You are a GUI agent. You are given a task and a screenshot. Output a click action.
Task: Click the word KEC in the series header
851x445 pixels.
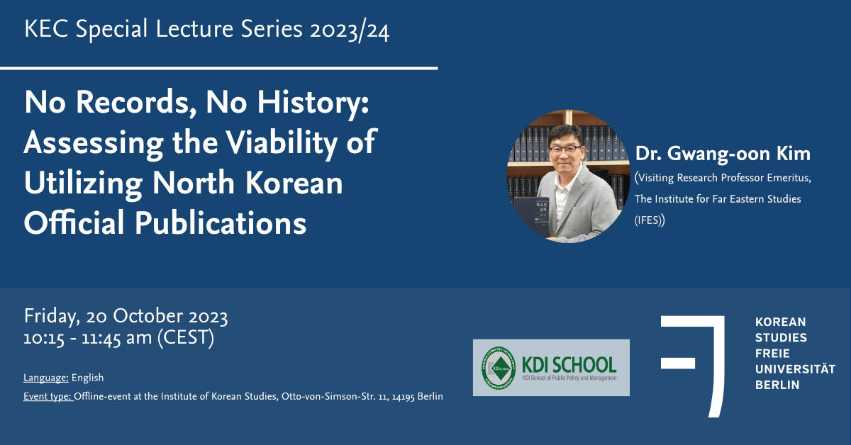tap(46, 29)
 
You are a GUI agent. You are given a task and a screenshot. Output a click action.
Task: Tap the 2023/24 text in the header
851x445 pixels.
tap(350, 30)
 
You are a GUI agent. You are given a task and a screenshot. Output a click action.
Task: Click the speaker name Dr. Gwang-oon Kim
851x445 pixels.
tap(723, 154)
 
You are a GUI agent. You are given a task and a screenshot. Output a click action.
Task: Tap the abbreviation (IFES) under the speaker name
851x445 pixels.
tap(650, 220)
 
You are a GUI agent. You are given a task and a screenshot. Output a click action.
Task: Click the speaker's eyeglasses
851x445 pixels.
tap(565, 149)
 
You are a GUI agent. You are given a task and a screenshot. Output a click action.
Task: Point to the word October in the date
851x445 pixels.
tap(148, 316)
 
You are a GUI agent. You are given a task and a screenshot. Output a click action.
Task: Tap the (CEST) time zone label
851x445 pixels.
tap(186, 337)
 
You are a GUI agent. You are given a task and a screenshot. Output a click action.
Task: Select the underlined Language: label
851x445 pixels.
tap(46, 378)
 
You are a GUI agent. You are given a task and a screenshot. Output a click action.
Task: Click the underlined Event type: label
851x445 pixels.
tap(48, 396)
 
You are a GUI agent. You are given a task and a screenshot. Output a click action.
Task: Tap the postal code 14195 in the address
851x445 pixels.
tap(403, 397)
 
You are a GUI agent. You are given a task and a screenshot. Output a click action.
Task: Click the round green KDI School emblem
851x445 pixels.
tap(499, 368)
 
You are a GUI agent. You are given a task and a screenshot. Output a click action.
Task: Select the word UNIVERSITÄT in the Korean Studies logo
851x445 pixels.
tap(795, 369)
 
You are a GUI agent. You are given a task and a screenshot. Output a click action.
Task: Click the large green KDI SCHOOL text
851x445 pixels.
tap(569, 365)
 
